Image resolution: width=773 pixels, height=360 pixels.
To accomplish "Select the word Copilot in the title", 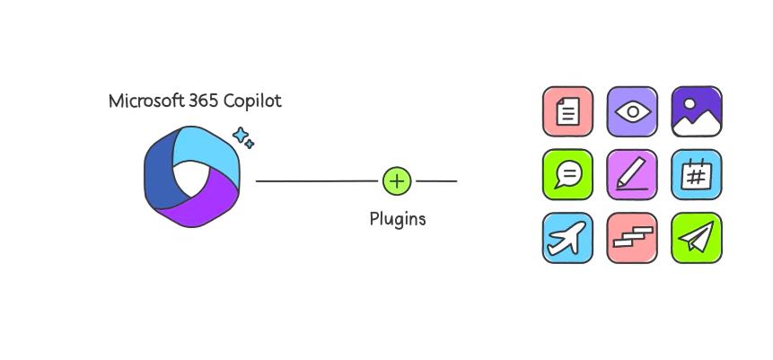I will tap(252, 101).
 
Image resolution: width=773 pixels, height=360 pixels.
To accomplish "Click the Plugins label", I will tap(398, 218).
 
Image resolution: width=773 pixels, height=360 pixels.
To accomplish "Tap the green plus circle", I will tap(397, 180).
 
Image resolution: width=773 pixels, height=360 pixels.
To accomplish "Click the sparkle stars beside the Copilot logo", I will tap(243, 138).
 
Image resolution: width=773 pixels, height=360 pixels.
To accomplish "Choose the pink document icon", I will tap(567, 111).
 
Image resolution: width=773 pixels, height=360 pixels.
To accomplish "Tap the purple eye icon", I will tap(632, 111).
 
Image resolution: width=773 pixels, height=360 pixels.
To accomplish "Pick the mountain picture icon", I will tap(697, 111).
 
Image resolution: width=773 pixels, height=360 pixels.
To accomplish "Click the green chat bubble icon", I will tap(567, 174).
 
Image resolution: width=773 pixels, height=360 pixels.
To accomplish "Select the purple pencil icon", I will tap(632, 174).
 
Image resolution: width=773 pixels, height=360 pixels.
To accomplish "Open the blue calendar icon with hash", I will tap(697, 174).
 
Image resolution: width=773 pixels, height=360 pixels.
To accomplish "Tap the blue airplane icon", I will tap(567, 238).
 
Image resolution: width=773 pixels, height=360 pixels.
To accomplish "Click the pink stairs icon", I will tap(632, 238).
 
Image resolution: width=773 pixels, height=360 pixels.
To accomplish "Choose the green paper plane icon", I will tap(697, 238).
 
